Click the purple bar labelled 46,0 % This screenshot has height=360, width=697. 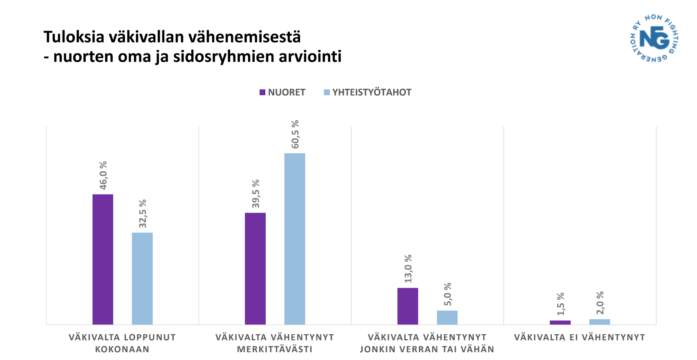point(103,259)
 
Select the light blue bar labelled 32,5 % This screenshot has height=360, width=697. point(142,279)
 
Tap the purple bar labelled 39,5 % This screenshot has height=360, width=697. point(255,268)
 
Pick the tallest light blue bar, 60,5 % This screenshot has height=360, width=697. point(295,239)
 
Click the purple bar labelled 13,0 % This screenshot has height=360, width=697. point(408,306)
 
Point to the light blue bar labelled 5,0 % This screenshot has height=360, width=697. point(447,318)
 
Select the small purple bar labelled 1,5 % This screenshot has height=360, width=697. point(560,322)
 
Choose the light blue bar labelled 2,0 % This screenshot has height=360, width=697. point(600,322)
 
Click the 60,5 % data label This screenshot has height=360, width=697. point(295,134)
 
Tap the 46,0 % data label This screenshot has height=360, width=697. point(103,175)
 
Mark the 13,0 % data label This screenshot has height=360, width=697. point(408,268)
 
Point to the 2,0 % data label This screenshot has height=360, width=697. point(600,303)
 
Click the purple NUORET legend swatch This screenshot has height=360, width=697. point(262,92)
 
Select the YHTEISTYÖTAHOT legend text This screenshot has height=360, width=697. point(372,92)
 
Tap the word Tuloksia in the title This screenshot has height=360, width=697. point(74,37)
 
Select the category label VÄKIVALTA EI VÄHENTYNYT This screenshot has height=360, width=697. point(579,338)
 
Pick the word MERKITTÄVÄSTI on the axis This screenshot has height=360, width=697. point(275,349)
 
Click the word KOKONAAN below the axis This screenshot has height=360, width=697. point(122,349)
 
